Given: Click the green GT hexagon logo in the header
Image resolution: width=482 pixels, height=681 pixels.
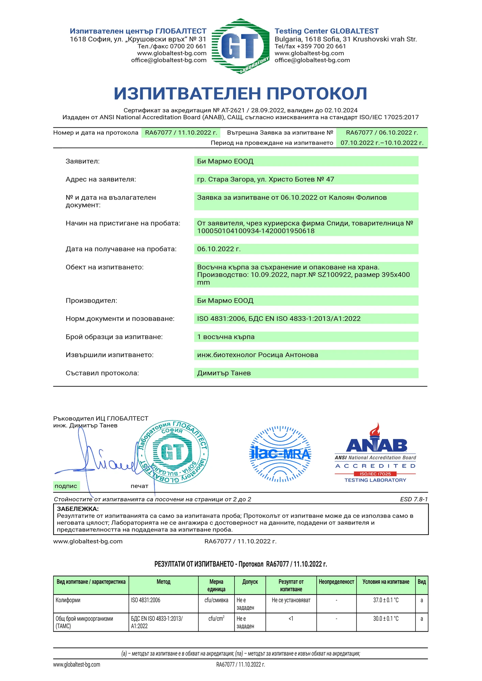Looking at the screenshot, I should coord(240,46).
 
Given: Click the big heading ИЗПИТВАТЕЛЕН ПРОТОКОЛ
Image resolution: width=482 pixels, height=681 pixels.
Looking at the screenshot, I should coord(240,93).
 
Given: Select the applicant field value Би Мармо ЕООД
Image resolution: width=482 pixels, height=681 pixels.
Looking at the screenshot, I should coord(225,161).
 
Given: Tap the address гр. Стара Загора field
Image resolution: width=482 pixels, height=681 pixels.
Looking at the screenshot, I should coord(266,179).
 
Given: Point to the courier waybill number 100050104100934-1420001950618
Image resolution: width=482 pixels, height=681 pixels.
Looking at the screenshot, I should coord(256,231).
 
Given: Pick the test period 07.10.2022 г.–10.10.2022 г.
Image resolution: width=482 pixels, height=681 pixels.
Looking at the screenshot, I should coord(382,143).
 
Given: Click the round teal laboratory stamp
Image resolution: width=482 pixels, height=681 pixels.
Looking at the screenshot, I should coord(173,452).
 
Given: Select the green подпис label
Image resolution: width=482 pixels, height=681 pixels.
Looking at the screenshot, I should coord(66,486).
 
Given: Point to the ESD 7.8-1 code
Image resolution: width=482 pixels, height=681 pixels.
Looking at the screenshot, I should coord(414,500).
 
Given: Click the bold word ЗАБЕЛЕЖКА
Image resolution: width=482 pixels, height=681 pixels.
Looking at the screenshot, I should coord(78,509).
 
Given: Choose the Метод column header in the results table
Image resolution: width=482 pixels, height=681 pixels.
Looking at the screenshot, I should coord(164,582).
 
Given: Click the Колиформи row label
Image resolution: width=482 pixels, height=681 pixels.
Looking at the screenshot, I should coord(68,600).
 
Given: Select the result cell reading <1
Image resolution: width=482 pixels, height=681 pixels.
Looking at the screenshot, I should coord(291,619).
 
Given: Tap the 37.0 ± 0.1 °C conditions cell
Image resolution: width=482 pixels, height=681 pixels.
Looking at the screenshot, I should coord(386,600).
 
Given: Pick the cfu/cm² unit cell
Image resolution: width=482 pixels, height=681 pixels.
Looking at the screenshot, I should coord(216,619).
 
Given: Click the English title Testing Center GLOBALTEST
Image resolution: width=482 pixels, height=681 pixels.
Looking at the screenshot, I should coord(327,31).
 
